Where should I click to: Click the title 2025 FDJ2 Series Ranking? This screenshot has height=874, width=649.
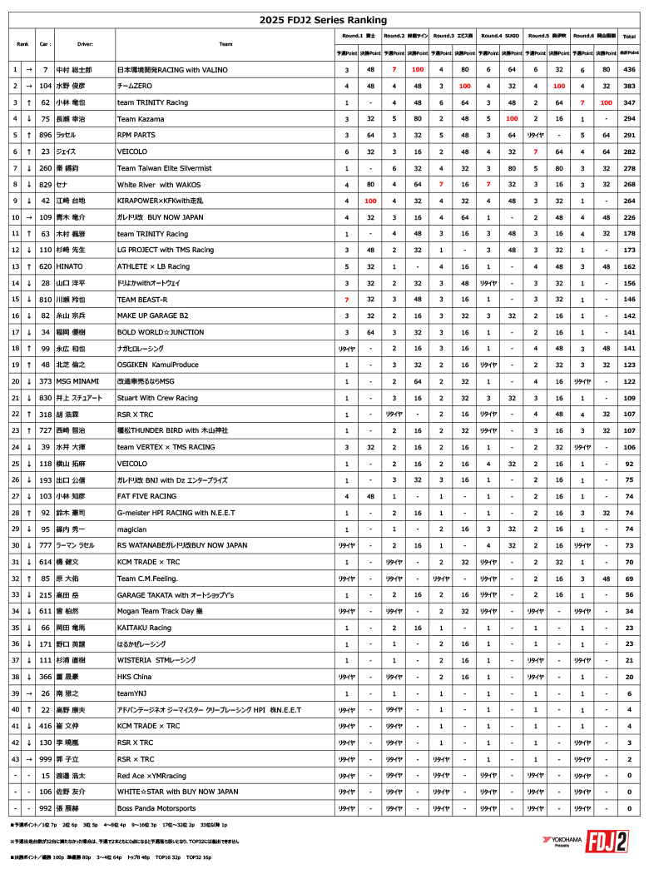point(324,20)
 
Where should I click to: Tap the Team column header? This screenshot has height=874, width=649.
point(225,44)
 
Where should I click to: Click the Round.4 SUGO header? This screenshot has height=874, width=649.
point(500,37)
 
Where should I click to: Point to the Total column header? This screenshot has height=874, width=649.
point(630,37)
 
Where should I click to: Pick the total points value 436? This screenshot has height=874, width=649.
point(630,70)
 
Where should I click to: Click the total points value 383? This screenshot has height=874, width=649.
point(630,86)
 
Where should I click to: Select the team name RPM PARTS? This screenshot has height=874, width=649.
point(136,134)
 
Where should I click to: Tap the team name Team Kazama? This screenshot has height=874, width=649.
point(139,118)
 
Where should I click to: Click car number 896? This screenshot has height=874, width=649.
point(45,134)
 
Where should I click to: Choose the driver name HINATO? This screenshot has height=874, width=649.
point(69,266)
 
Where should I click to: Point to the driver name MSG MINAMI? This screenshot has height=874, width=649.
point(75,381)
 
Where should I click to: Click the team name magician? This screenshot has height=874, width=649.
point(132,529)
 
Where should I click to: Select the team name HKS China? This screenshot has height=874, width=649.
point(136,677)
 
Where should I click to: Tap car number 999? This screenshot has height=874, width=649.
point(45,759)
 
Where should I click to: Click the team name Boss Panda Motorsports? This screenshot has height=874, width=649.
point(156,808)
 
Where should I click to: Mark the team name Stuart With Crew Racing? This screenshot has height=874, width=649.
point(157,398)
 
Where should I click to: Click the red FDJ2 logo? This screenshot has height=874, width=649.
point(607,842)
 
